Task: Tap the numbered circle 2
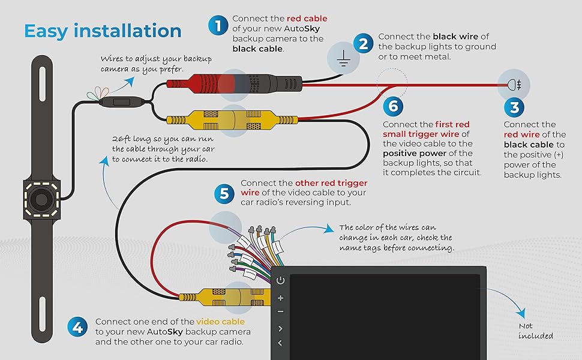click(x=362, y=43)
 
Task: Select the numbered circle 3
click(x=514, y=108)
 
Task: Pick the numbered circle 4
click(x=77, y=328)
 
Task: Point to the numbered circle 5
click(x=224, y=193)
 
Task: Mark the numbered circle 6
click(x=393, y=107)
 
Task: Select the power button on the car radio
click(x=280, y=280)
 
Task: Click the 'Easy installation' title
click(x=103, y=31)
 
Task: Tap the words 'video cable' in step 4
click(x=220, y=322)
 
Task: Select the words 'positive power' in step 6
click(x=409, y=154)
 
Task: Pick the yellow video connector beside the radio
click(x=231, y=296)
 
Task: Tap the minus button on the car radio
click(x=280, y=312)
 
